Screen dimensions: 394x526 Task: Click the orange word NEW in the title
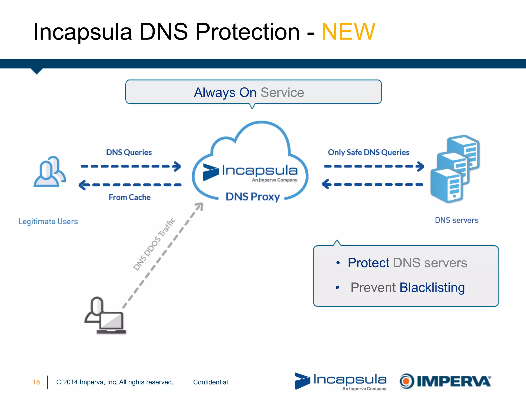[x=348, y=32]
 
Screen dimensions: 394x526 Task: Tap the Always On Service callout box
[x=253, y=92]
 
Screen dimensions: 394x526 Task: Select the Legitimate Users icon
[x=50, y=171]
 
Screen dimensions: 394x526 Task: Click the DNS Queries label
[x=129, y=152]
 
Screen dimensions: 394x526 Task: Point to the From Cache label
[x=129, y=197]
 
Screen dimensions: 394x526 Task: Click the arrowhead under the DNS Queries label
[x=177, y=166]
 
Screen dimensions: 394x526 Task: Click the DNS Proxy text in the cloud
[x=252, y=197]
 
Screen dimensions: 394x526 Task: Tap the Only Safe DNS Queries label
[x=368, y=152]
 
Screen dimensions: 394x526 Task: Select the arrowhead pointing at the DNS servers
[x=420, y=166]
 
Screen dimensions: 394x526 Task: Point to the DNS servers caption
[x=456, y=220]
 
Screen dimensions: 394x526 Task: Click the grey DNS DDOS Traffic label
[x=154, y=244]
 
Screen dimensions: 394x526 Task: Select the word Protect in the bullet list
[x=368, y=263]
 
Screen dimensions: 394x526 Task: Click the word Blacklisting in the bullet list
[x=432, y=287]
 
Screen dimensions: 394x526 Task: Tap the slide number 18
[x=36, y=382]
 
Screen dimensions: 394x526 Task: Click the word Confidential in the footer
[x=210, y=382]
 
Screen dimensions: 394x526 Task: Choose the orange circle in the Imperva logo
[x=406, y=381]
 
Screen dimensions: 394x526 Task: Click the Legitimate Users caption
[x=48, y=221]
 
